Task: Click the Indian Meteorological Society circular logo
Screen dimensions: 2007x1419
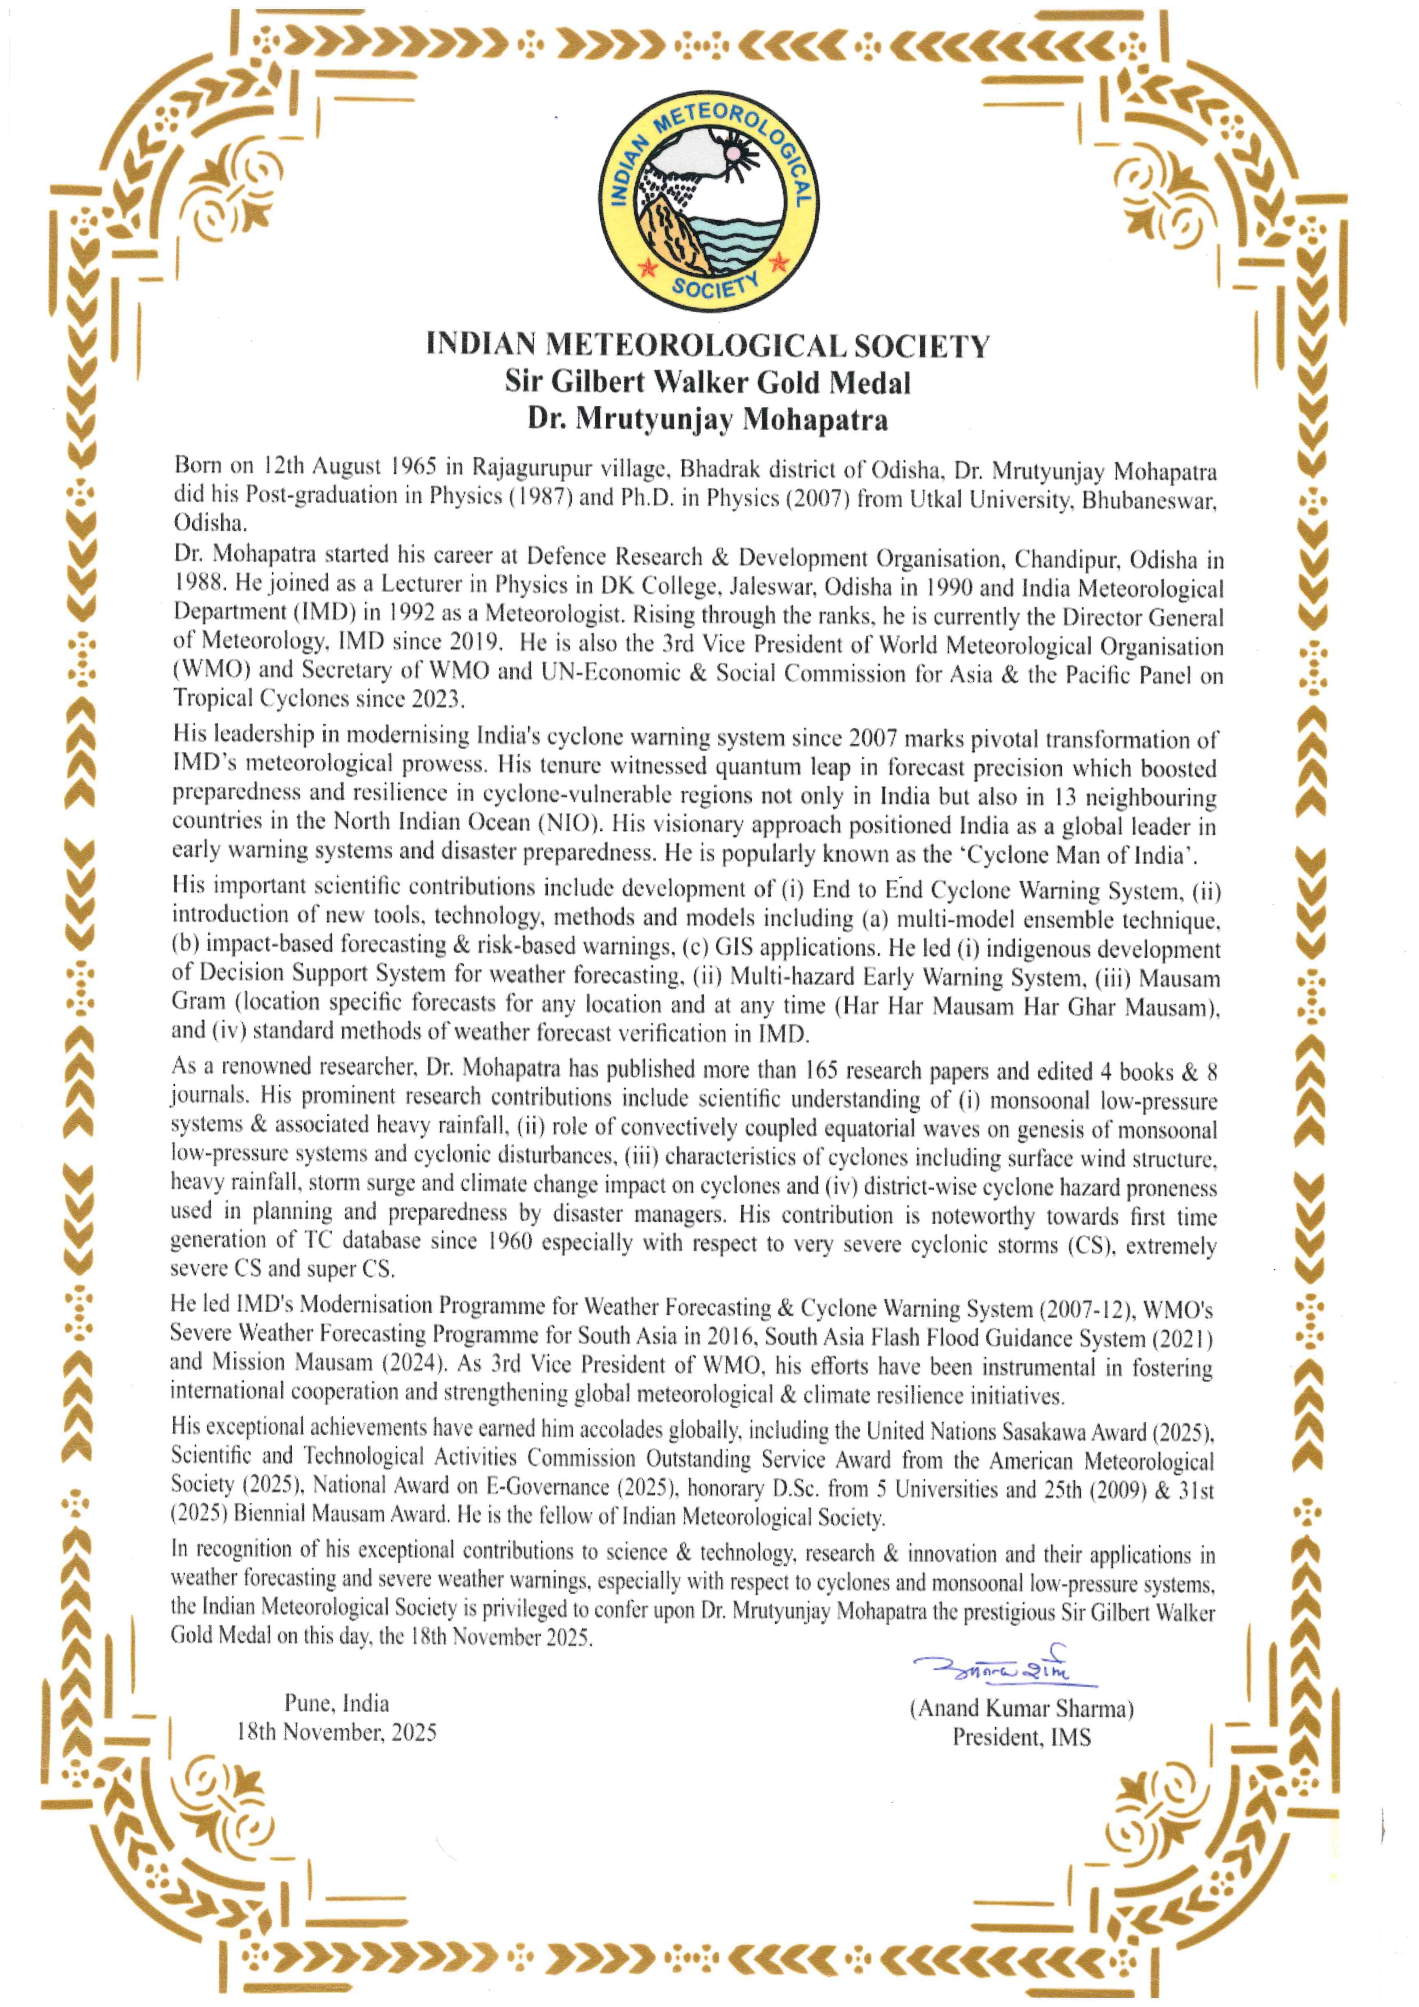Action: (x=708, y=201)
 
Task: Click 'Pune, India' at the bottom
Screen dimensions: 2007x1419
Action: (x=337, y=1703)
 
